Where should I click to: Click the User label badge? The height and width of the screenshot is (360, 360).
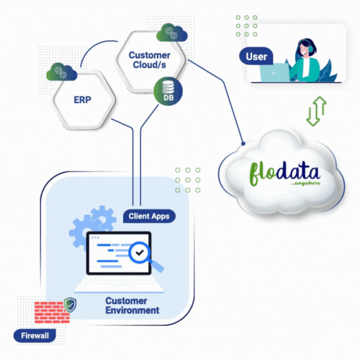256,56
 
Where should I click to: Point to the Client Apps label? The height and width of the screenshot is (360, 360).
149,216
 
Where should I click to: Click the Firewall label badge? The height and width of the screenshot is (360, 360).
35,335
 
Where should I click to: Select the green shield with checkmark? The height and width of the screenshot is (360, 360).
69,304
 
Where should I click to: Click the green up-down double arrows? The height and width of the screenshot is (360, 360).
316,111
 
